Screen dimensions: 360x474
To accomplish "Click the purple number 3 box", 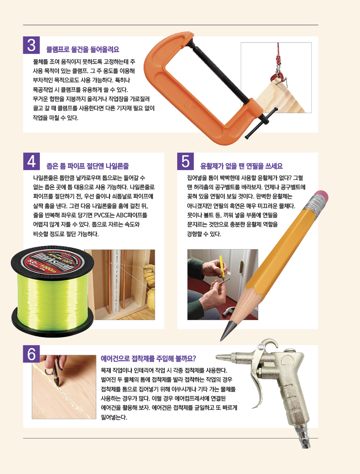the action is [x=32, y=45].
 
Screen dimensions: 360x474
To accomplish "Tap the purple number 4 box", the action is [x=32, y=161].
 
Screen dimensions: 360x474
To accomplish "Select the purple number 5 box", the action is [x=185, y=161].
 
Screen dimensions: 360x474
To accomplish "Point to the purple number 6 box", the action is [x=32, y=354].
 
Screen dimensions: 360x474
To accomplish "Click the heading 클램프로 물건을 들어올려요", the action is [x=83, y=50].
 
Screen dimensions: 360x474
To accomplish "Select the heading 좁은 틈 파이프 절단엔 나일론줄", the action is [x=88, y=166].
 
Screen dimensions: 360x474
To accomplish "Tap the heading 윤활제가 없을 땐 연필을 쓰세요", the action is [x=242, y=166].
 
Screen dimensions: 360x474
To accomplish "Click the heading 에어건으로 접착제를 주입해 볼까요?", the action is [x=148, y=359].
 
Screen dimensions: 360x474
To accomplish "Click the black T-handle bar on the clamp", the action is [x=261, y=123].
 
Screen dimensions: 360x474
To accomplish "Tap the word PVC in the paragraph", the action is [x=99, y=215].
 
